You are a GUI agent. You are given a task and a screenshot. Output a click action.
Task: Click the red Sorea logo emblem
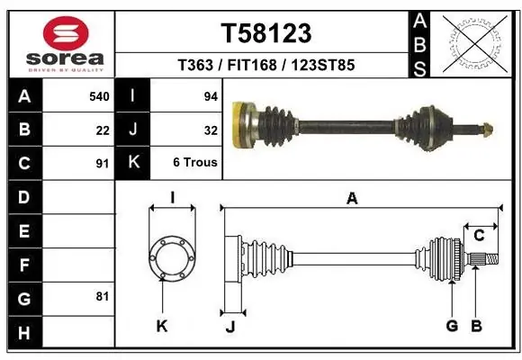tap(66, 33)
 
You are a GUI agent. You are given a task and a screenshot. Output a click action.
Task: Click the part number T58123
tap(266, 33)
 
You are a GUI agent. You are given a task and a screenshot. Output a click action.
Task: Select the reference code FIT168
tap(252, 65)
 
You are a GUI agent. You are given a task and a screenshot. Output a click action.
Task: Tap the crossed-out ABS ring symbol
tap(475, 43)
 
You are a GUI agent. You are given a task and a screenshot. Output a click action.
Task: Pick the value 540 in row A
tap(99, 96)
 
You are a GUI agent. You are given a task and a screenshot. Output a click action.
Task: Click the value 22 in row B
tap(103, 130)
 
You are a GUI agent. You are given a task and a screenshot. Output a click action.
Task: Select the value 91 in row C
tap(103, 164)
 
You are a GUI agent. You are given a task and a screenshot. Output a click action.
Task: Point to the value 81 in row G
tap(103, 296)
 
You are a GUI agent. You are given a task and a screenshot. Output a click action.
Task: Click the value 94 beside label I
tap(211, 96)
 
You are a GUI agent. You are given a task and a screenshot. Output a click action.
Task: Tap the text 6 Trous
tap(195, 162)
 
